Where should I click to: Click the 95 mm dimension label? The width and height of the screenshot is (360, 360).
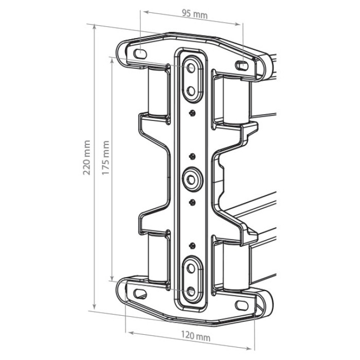(x=195, y=14)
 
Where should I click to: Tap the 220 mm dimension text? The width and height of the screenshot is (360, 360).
(x=86, y=157)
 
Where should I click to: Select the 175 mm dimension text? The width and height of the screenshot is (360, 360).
(x=105, y=157)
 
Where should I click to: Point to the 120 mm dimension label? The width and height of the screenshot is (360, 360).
(x=196, y=336)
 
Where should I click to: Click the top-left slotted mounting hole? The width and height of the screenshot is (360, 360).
(x=140, y=54)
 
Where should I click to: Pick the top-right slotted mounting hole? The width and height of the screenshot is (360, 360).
(x=242, y=66)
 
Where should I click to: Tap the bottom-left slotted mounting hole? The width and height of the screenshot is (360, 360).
(x=139, y=294)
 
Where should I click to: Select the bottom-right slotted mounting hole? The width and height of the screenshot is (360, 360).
(x=242, y=305)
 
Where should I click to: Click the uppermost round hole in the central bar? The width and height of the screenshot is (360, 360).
(x=191, y=68)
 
